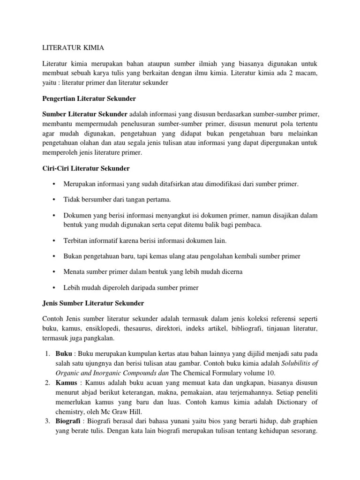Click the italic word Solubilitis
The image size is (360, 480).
[x=295, y=363]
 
